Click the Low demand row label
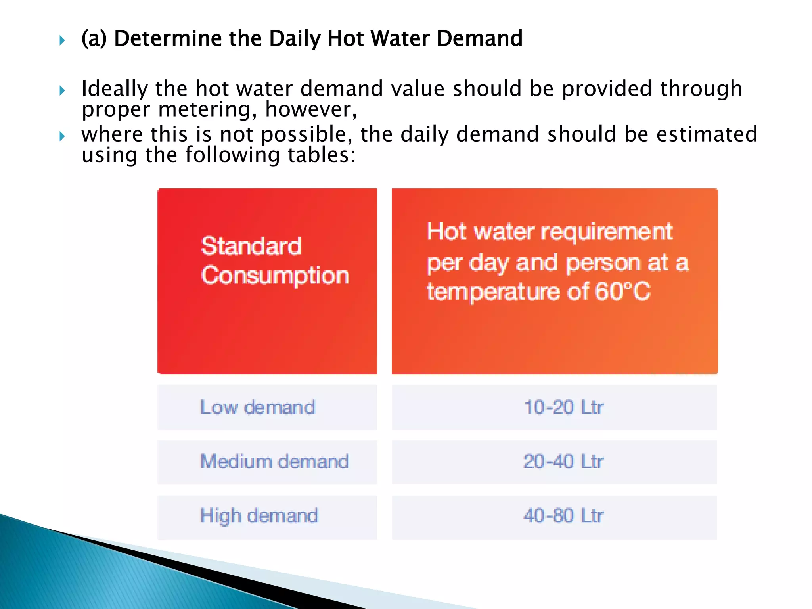coord(258,407)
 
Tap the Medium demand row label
coord(274,462)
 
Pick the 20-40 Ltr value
coord(563,462)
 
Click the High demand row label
coord(259,516)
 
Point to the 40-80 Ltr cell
coord(563,516)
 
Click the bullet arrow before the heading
coord(62,40)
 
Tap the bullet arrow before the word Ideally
coord(62,90)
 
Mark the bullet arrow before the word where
coord(62,136)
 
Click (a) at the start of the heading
coord(94,38)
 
